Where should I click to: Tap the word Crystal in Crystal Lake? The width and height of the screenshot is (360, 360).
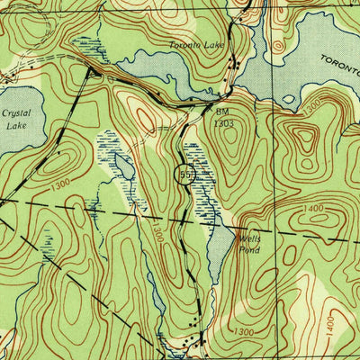click(16, 114)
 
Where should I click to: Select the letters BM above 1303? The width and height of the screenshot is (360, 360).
click(222, 111)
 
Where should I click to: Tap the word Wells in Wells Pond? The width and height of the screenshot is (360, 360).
click(249, 239)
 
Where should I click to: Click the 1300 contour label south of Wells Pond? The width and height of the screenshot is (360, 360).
click(244, 332)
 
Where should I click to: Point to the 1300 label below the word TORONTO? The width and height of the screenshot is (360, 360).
click(311, 107)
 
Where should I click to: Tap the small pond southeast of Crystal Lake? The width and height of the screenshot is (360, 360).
click(122, 166)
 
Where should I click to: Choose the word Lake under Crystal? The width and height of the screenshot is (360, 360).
click(16, 127)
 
